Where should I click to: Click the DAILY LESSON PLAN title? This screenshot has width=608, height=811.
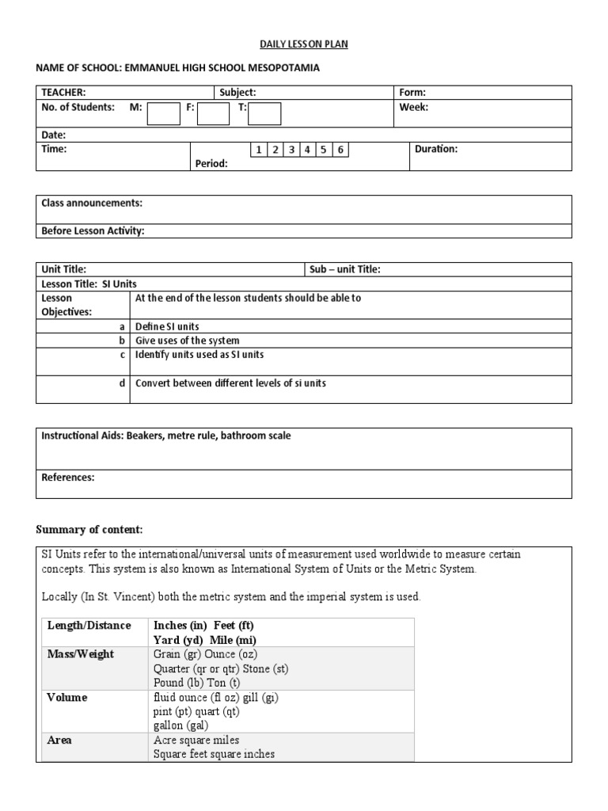(304, 44)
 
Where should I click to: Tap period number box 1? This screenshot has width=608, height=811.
(258, 150)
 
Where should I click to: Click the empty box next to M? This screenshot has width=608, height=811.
(164, 114)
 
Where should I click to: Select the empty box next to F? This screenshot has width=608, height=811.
(213, 114)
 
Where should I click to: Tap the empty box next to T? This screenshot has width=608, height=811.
(264, 114)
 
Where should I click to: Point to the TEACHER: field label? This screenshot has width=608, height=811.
(63, 93)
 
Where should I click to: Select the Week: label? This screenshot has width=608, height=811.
(413, 107)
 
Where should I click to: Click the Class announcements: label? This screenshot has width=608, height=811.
(92, 204)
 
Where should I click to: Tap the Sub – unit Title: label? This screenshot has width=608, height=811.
(344, 269)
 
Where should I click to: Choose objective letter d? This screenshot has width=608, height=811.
(122, 383)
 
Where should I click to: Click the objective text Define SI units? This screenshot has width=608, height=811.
(167, 326)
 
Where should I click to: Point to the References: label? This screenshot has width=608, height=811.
(67, 478)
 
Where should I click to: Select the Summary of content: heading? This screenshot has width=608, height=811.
(89, 529)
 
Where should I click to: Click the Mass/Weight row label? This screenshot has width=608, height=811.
(80, 654)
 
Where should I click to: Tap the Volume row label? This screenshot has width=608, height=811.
(67, 698)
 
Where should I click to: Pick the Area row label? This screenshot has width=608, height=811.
(59, 741)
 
